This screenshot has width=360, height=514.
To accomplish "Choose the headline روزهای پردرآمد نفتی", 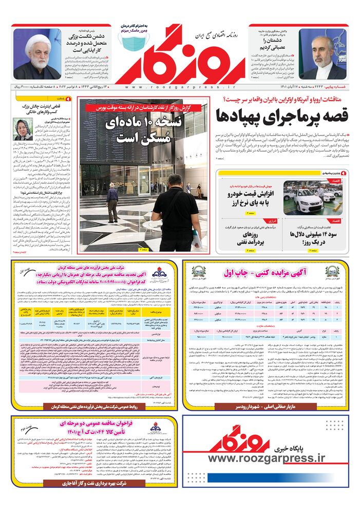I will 245,237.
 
